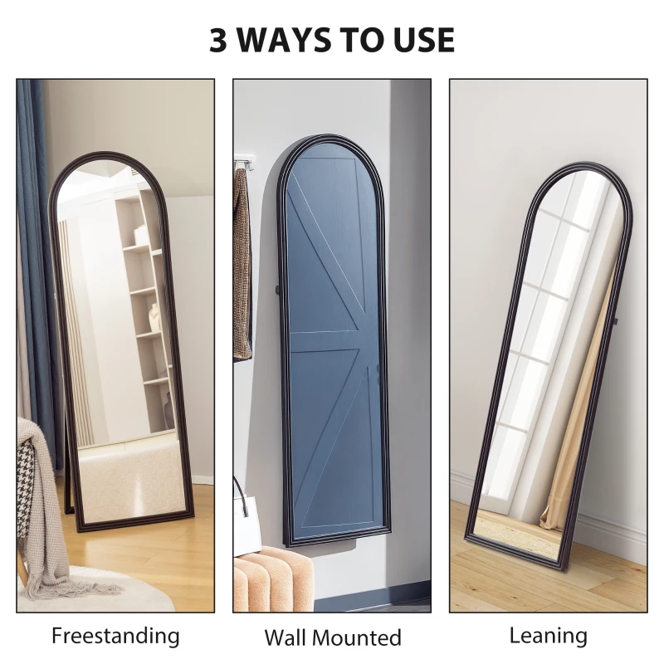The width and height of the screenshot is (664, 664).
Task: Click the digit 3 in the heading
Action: (218, 40)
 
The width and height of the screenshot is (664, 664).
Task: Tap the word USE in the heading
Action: (422, 40)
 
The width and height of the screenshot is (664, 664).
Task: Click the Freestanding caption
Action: (115, 636)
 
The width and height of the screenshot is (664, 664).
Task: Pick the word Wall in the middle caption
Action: (285, 637)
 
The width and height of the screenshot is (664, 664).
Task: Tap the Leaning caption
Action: (548, 636)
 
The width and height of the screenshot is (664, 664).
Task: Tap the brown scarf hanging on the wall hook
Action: (242, 266)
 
